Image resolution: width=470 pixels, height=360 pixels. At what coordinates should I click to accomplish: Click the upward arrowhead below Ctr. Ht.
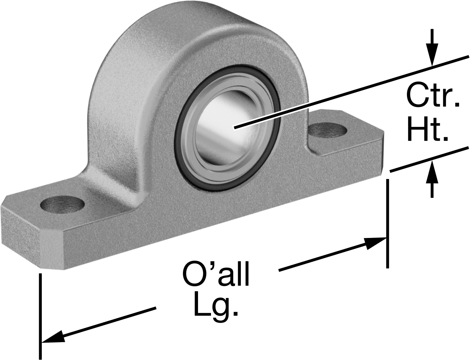(432, 172)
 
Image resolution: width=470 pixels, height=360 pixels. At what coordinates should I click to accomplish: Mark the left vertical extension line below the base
(40, 316)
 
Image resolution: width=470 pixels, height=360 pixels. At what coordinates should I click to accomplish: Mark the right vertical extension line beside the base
(387, 224)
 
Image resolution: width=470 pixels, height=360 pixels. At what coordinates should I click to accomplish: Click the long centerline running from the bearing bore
(351, 92)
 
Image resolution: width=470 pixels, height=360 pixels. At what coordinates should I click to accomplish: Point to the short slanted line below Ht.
(429, 159)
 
